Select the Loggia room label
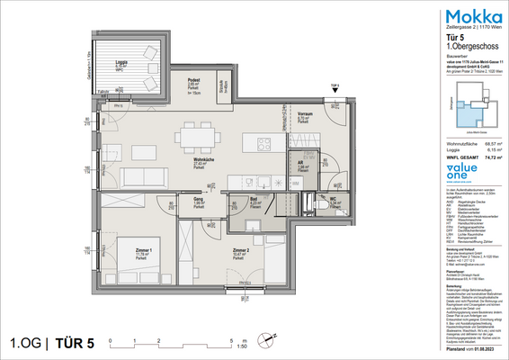(x=121, y=65)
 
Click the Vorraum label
(x=305, y=115)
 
